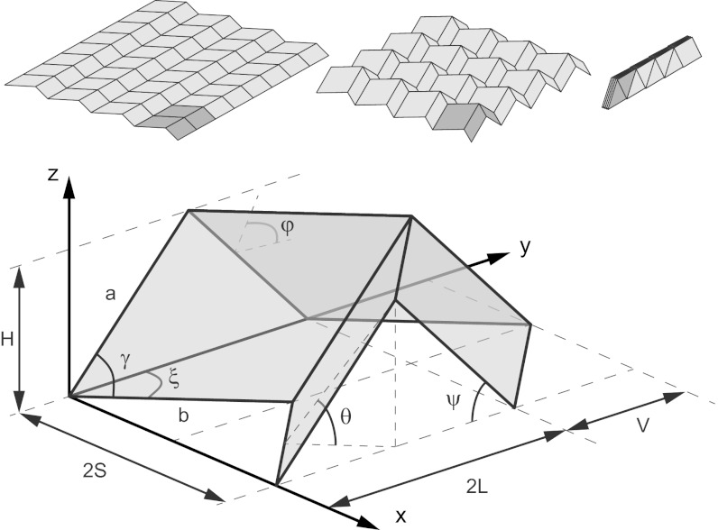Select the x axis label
pyautogui.click(x=401, y=516)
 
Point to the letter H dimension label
pyautogui.click(x=7, y=340)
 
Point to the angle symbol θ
pyautogui.click(x=345, y=416)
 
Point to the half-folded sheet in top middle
pyautogui.click(x=456, y=77)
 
